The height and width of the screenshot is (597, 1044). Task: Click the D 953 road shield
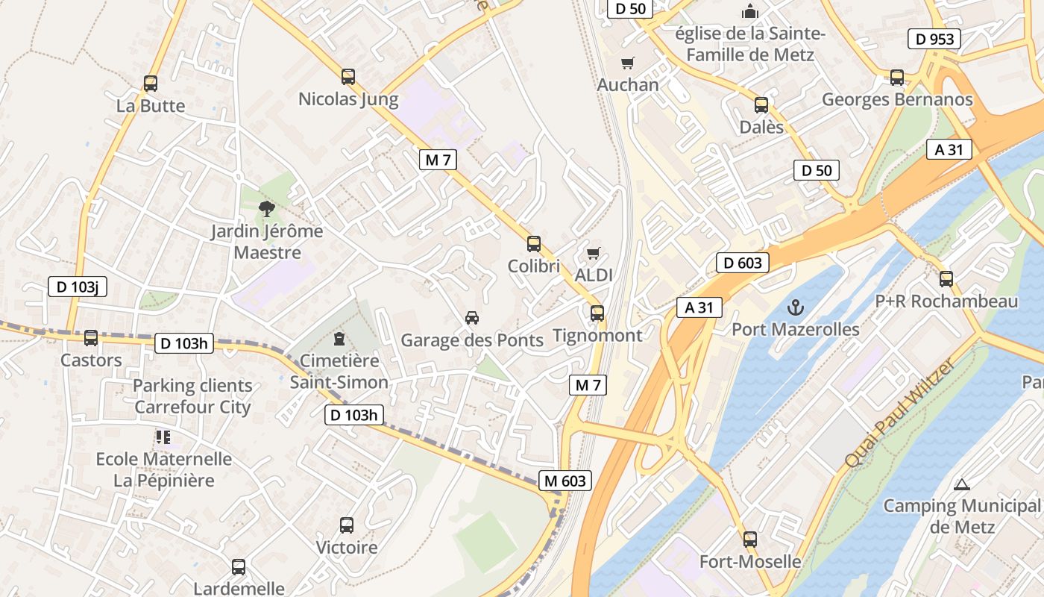(934, 39)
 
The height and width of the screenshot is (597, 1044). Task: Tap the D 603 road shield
(743, 263)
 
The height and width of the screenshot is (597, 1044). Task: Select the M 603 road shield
(565, 481)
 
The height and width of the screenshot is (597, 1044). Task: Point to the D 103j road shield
(78, 287)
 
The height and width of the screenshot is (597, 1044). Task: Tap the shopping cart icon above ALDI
(594, 254)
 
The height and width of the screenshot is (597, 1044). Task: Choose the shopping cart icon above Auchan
(628, 63)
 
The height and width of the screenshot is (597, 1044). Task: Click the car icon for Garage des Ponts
(472, 318)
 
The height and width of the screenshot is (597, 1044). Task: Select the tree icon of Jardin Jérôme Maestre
(266, 209)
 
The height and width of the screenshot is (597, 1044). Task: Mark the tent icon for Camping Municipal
(961, 484)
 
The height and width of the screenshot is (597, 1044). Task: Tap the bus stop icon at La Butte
(151, 84)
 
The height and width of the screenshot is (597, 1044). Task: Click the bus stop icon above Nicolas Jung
(348, 76)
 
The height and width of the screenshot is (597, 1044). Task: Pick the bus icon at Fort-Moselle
(750, 539)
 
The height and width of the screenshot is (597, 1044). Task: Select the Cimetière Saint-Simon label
(339, 372)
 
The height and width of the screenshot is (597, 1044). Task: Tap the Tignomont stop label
(597, 335)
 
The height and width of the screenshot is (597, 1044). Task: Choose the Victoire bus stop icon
(347, 525)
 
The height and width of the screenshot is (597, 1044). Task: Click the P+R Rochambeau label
(946, 301)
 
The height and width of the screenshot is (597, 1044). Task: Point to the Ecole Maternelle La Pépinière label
(164, 469)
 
